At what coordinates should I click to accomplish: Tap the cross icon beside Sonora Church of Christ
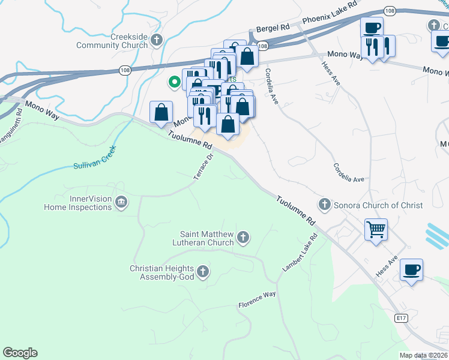(x=325, y=205)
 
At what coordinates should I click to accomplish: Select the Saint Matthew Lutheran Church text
(x=207, y=238)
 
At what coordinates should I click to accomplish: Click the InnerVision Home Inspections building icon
(x=121, y=202)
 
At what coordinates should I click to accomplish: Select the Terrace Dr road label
(x=204, y=167)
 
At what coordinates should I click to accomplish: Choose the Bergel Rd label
(x=273, y=28)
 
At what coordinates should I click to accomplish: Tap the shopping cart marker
(x=376, y=229)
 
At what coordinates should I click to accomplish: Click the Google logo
(x=20, y=353)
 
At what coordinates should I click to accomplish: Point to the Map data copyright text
(x=423, y=355)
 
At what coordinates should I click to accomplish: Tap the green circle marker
(x=175, y=82)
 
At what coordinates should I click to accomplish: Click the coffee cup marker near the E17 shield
(x=411, y=269)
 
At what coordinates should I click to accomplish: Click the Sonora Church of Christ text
(x=378, y=205)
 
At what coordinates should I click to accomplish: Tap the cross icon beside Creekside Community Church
(x=157, y=41)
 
